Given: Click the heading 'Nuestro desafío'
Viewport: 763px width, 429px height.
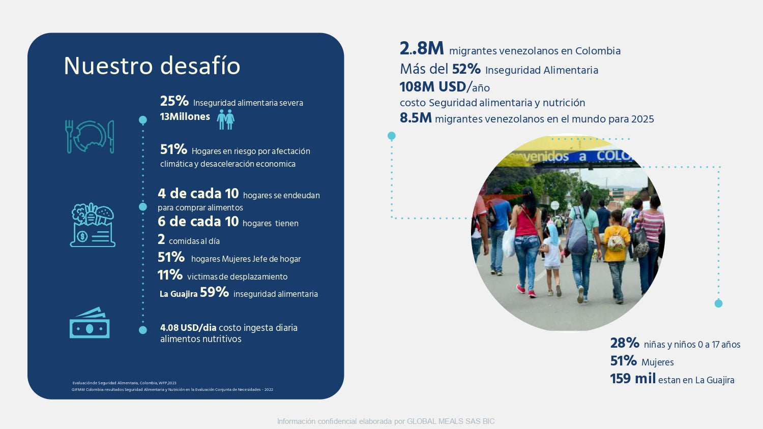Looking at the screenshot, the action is tap(152, 66).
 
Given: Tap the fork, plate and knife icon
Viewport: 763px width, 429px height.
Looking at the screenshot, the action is tap(90, 137).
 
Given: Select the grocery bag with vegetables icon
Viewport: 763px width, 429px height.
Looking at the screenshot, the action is tap(93, 225).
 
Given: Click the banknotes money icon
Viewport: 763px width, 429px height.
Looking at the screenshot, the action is tap(90, 323).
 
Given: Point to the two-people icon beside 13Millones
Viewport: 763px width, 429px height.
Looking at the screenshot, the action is tap(226, 119).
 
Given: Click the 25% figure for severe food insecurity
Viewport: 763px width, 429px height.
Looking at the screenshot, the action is tap(174, 101).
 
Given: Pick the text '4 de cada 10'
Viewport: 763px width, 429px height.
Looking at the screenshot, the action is tap(198, 194).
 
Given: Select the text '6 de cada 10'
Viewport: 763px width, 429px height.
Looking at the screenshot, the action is tap(198, 222).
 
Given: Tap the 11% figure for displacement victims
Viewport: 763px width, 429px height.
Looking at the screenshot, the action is tap(170, 275).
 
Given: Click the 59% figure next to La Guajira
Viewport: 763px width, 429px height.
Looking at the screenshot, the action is tap(214, 292).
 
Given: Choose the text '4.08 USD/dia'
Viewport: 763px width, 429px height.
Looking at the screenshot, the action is tap(188, 327).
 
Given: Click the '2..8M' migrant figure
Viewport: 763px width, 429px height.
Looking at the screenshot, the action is tap(422, 48).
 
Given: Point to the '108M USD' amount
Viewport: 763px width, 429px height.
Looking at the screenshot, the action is tap(432, 87).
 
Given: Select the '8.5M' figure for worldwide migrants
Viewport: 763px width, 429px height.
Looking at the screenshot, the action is tap(416, 118).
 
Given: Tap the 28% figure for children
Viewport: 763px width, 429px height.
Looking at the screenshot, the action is tap(624, 343).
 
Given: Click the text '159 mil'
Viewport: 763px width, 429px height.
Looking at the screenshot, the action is tap(633, 379).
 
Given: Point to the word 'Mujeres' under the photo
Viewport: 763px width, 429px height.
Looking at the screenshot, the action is tap(657, 362).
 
